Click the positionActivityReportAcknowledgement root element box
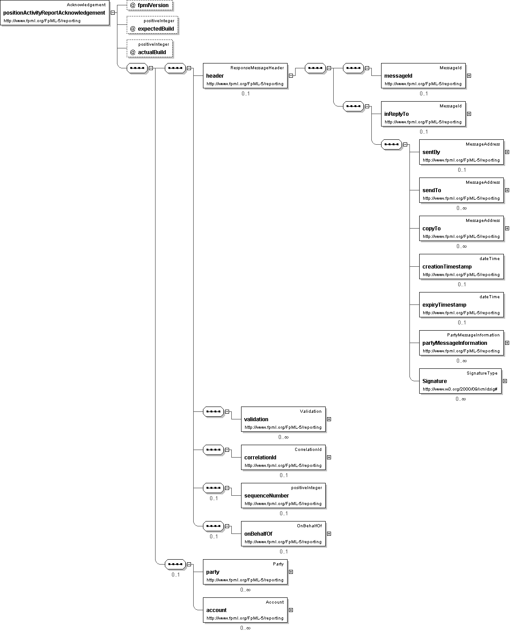[x=55, y=13]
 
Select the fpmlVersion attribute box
[x=150, y=5]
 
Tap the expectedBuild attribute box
[x=152, y=25]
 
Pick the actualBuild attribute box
[x=150, y=48]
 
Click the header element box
[x=245, y=75]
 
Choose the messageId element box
[x=423, y=75]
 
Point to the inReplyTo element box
[x=423, y=114]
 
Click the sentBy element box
[x=461, y=152]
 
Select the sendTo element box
[x=461, y=190]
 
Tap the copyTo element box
[x=461, y=228]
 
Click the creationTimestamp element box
[x=461, y=266]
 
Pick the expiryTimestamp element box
[x=461, y=304]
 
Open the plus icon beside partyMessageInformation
[x=507, y=343]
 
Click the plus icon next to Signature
[x=505, y=381]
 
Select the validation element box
[x=283, y=419]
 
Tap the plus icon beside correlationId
[x=329, y=457]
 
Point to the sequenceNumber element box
[x=283, y=495]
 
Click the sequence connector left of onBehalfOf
[x=214, y=526]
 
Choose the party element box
[x=245, y=572]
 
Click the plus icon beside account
[x=291, y=610]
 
